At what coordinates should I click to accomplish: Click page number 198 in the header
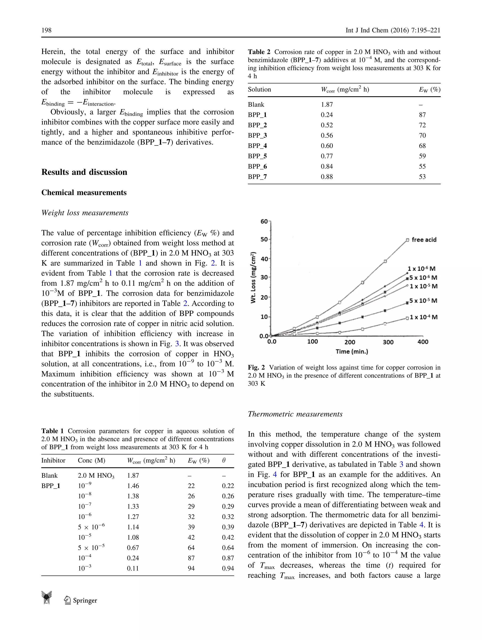(x=46, y=30)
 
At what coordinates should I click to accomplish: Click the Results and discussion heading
(x=84, y=172)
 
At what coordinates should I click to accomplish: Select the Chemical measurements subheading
(x=84, y=193)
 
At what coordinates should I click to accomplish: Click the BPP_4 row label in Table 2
(x=257, y=146)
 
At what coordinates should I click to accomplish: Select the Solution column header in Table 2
(x=259, y=89)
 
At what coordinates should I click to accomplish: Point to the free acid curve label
(x=424, y=240)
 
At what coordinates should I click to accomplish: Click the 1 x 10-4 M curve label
(x=424, y=317)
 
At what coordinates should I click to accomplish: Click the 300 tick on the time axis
(x=388, y=342)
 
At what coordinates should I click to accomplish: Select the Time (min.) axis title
(x=352, y=352)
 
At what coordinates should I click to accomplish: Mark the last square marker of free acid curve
(x=407, y=240)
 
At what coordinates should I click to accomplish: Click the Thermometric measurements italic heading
(x=295, y=414)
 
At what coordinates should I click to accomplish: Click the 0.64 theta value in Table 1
(x=228, y=548)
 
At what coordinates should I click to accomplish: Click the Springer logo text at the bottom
(x=85, y=601)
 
